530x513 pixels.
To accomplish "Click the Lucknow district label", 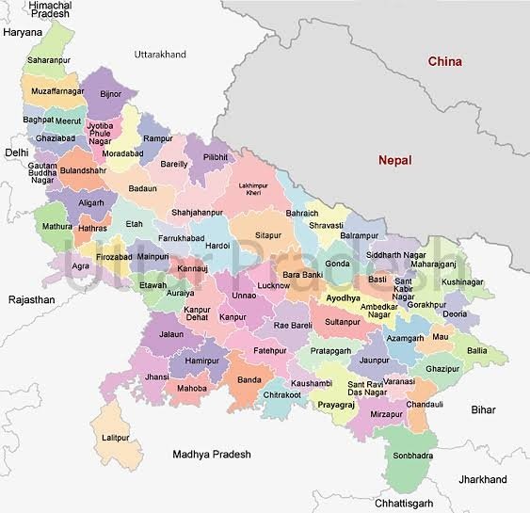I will tap(273, 284).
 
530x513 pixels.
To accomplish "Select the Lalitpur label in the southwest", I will tap(115, 438).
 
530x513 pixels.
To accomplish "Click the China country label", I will tap(444, 62).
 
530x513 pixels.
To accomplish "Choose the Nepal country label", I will tap(395, 160).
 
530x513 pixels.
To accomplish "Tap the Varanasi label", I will tap(398, 381).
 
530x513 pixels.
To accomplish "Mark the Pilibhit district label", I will tap(216, 156).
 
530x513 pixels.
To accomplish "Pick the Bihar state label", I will tap(483, 410).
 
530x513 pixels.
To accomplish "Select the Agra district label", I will tap(81, 265).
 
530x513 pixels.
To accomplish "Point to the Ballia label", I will tap(477, 350).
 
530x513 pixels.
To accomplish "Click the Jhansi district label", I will tap(158, 377).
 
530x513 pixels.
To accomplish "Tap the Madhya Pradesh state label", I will tap(212, 455).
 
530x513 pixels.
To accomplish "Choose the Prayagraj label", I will tap(336, 404).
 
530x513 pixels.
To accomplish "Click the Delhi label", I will tap(16, 152).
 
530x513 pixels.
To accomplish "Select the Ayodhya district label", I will tap(342, 297).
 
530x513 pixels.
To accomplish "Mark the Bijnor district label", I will tap(110, 95).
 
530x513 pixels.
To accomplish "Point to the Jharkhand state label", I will tap(482, 480).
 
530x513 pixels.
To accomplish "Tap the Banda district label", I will tap(249, 379).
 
